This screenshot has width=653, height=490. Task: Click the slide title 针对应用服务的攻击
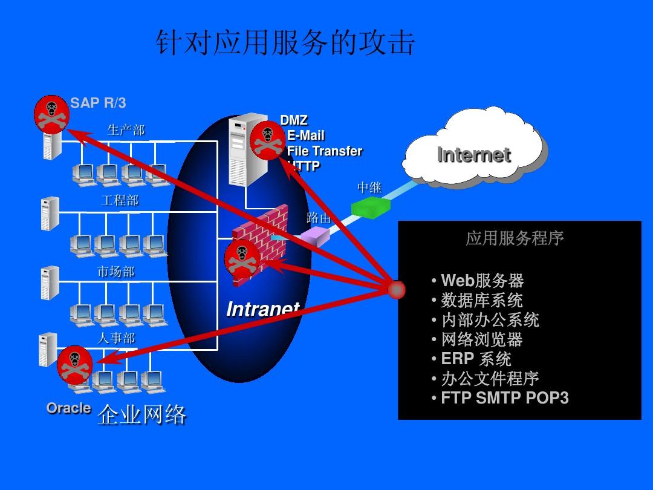tap(285, 44)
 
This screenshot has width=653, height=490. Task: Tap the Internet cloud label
tap(473, 155)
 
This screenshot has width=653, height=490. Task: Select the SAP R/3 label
tap(98, 103)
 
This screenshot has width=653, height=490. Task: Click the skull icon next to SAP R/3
tap(51, 113)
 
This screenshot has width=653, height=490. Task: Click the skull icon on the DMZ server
tap(267, 140)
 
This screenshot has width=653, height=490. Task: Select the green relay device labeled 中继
tap(371, 207)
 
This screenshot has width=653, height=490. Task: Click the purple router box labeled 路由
tap(316, 235)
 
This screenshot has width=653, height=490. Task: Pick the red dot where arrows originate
tap(396, 290)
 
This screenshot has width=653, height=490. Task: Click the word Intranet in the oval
tap(262, 309)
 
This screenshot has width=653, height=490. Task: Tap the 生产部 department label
tap(126, 130)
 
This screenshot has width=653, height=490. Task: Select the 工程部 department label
tap(120, 200)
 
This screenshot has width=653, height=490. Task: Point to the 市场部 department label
tap(115, 272)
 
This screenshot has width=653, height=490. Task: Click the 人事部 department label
tap(116, 338)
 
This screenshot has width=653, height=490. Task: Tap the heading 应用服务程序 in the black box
tap(515, 238)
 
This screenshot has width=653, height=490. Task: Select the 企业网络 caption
tap(142, 415)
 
